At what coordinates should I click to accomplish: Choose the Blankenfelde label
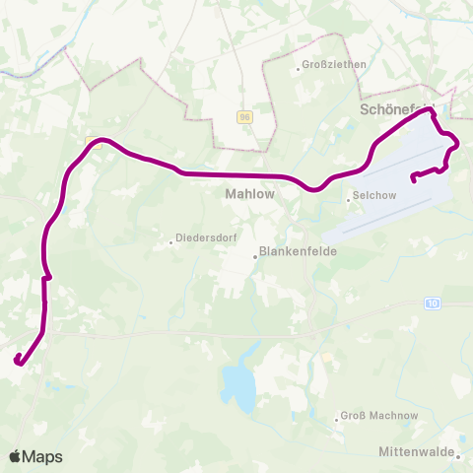[299, 251]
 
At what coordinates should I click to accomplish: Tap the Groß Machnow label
[379, 416]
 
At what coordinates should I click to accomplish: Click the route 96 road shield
[244, 116]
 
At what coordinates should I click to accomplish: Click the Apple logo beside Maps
[17, 456]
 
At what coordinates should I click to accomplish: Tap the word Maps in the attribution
[44, 456]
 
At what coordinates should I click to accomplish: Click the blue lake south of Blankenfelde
[237, 385]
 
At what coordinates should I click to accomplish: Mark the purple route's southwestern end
[17, 362]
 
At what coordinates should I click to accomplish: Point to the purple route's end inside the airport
[413, 178]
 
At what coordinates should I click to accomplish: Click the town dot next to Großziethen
[299, 68]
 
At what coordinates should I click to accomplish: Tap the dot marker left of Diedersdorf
[169, 237]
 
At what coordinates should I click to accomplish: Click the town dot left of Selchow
[348, 196]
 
